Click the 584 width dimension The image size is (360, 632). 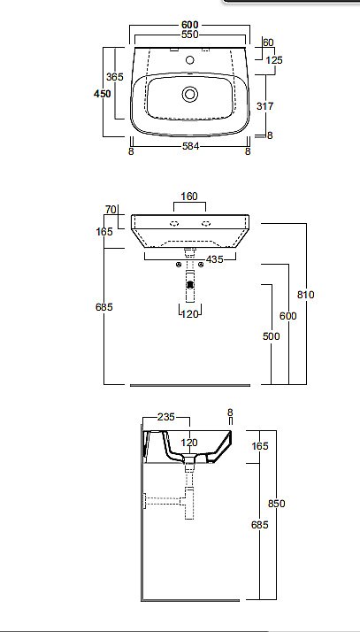(189, 151)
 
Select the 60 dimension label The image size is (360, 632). (269, 42)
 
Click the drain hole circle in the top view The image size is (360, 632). (189, 92)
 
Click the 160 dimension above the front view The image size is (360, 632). (188, 197)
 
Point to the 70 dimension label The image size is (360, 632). (111, 210)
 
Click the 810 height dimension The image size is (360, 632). (307, 295)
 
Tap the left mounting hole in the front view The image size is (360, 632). (174, 223)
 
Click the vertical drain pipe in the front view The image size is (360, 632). (189, 288)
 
